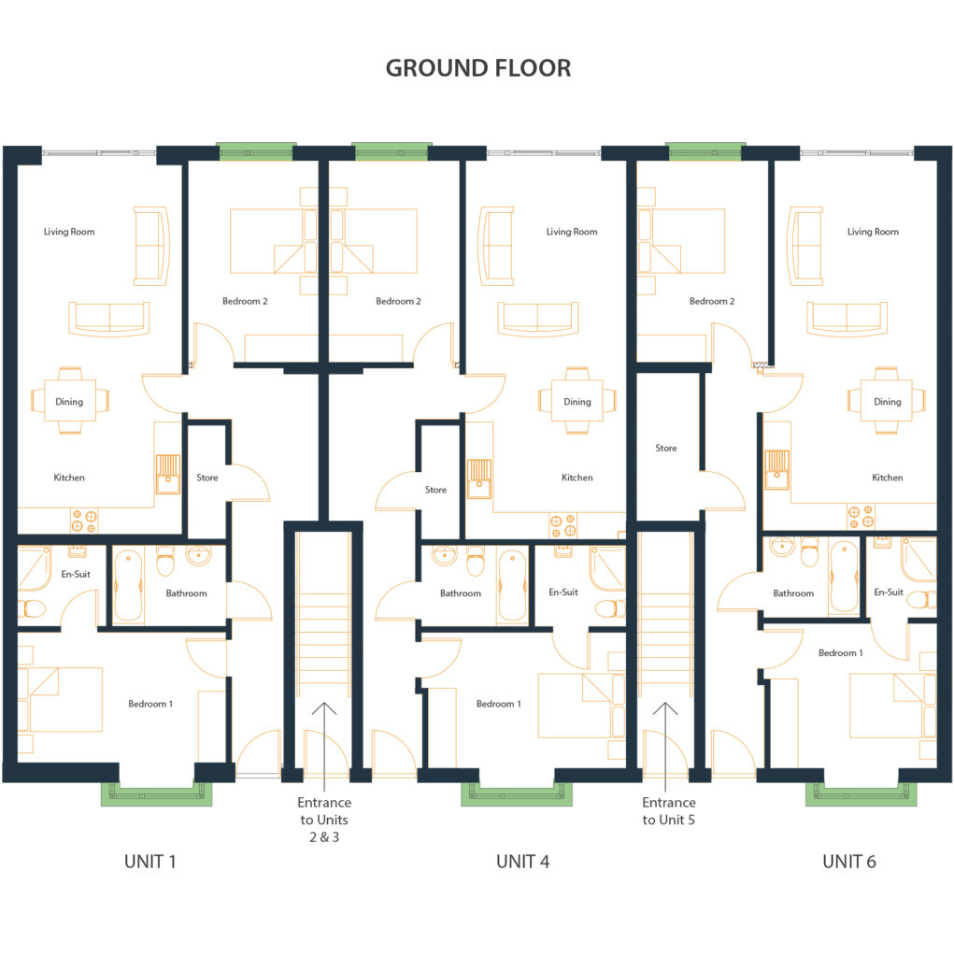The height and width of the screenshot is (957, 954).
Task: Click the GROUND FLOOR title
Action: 477,68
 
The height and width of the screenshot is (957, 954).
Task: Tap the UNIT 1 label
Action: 150,861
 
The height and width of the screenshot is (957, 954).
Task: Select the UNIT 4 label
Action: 522,861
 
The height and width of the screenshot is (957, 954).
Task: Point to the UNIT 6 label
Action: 849,861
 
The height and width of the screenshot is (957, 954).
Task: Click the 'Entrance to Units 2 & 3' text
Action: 324,820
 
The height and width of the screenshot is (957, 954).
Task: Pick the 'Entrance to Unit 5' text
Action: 668,811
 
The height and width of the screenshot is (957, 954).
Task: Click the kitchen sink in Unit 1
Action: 168,474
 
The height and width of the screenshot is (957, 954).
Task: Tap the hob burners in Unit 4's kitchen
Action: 562,525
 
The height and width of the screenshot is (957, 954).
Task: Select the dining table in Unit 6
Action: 886,400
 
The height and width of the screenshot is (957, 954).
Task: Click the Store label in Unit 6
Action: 666,448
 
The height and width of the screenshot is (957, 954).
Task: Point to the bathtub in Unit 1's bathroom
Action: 128,585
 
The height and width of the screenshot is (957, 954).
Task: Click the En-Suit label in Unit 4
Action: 562,592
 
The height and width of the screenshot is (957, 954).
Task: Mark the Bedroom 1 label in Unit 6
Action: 840,653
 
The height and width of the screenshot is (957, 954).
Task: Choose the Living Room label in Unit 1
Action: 69,232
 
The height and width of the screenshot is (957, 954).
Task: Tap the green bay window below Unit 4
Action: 517,793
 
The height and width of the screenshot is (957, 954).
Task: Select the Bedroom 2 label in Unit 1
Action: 245,302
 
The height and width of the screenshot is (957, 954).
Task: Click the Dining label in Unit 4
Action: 577,402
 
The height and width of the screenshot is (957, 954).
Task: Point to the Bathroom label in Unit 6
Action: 793,593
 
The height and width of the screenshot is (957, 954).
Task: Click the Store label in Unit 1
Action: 206,478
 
